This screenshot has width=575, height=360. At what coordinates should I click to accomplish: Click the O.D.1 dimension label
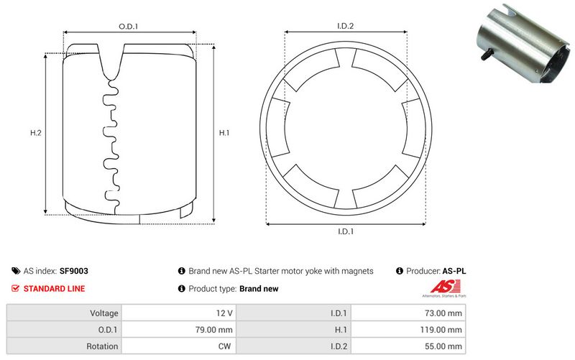click(x=128, y=27)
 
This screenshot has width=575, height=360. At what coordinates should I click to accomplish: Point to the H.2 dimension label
click(x=35, y=133)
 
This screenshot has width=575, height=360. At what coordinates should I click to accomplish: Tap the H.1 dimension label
click(x=224, y=133)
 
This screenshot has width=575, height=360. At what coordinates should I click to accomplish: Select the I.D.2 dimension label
click(x=345, y=27)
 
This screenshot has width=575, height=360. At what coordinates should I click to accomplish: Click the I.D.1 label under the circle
click(x=345, y=231)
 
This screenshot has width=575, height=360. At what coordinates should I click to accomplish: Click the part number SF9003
click(x=74, y=272)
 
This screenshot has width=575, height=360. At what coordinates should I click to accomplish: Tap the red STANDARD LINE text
click(x=54, y=289)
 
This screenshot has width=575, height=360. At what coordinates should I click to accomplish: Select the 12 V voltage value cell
click(x=224, y=313)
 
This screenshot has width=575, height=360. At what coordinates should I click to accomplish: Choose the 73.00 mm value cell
click(x=445, y=313)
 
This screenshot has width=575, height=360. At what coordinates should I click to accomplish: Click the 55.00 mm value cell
click(x=445, y=346)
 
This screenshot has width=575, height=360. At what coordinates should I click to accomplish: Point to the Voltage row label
click(x=103, y=313)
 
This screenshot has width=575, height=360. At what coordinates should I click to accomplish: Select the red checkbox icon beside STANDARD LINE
click(x=16, y=289)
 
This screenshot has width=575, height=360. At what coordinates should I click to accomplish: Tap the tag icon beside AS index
click(x=16, y=272)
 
